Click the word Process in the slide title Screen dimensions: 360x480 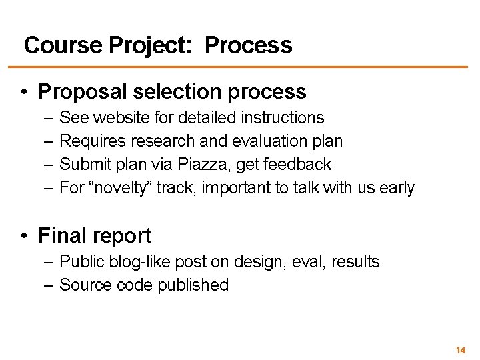248,45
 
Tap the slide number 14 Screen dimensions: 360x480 460,350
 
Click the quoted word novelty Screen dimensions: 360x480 122,188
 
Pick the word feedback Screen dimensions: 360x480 300,164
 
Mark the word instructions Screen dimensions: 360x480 283,118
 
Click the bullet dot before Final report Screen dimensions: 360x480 24,236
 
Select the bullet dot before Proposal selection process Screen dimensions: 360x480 24,91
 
